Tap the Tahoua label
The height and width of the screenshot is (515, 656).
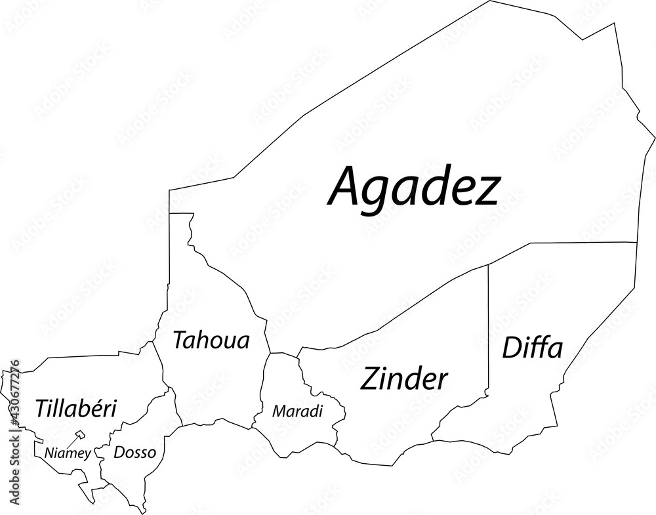[211, 340]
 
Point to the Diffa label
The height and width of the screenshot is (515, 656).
[532, 348]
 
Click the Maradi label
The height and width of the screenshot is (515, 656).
[298, 412]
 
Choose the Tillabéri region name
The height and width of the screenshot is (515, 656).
[76, 409]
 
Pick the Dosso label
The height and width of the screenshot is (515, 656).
[134, 452]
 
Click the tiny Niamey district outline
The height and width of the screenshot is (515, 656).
[81, 434]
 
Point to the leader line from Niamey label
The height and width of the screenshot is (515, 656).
[72, 442]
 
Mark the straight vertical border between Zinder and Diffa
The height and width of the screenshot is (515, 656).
[489, 328]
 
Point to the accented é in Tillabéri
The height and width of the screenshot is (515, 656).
[99, 409]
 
